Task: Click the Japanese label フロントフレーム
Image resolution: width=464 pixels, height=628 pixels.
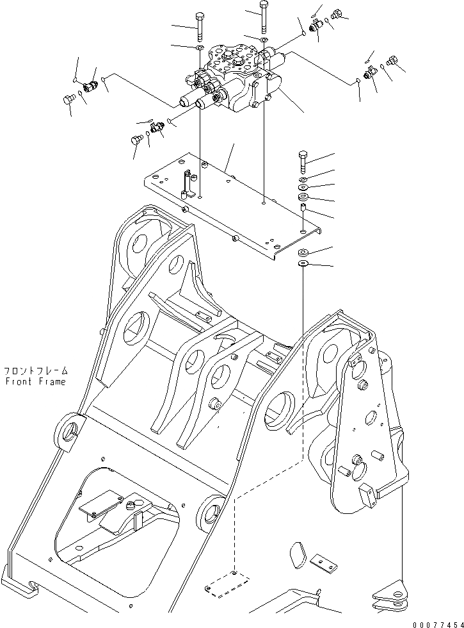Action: pos(35,371)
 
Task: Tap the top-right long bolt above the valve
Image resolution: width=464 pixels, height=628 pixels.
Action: pos(263,16)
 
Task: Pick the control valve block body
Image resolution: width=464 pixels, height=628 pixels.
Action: pos(237,80)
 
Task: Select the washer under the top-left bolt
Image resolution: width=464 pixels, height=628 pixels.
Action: pos(199,47)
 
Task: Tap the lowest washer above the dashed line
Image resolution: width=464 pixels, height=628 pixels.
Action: pos(303,263)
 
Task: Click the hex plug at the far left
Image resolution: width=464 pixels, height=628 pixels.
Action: pos(68,99)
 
